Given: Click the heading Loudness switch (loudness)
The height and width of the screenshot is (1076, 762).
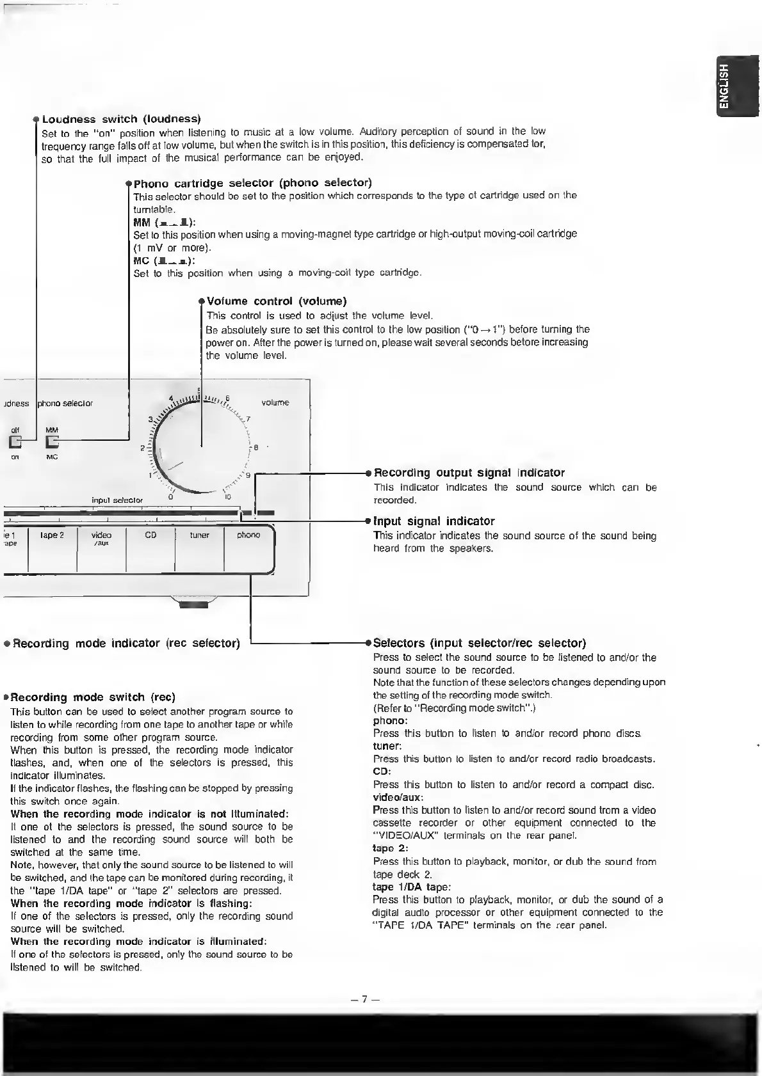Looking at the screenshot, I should point(121,119).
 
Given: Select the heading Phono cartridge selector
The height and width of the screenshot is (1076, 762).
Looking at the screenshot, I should point(252,184).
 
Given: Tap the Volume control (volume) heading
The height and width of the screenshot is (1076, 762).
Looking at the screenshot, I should point(277,301).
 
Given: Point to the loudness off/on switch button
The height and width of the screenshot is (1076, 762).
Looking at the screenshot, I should point(15,441).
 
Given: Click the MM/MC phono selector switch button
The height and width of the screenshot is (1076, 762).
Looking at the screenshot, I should point(52,441).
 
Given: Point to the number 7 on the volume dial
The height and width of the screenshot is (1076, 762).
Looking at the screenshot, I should point(248,419).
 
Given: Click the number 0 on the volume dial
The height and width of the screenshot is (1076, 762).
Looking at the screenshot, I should point(170,497).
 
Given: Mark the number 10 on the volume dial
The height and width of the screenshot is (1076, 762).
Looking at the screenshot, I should point(227,497).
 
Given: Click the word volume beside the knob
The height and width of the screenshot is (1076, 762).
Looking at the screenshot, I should point(275,402).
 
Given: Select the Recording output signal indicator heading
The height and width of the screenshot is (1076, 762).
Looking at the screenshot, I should point(469,473).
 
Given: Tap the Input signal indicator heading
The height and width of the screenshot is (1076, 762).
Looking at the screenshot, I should point(434,521).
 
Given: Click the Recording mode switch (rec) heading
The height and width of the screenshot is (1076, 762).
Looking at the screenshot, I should point(93,697).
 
